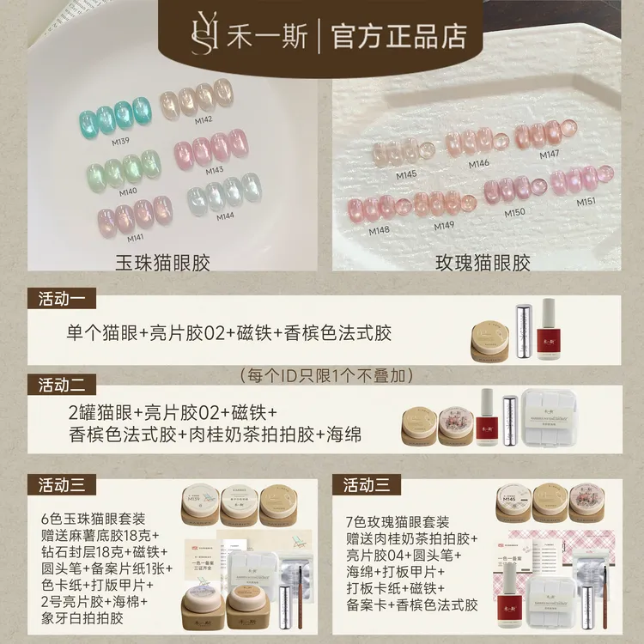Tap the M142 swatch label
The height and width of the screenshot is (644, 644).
click(203, 119)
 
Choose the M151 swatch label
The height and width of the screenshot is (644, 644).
click(586, 202)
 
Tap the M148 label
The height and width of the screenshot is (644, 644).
click(379, 229)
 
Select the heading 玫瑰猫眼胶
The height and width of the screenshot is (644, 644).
click(483, 263)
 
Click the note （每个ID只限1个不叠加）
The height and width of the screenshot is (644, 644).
click(327, 375)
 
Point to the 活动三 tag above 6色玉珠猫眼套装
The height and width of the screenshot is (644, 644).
click(62, 484)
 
